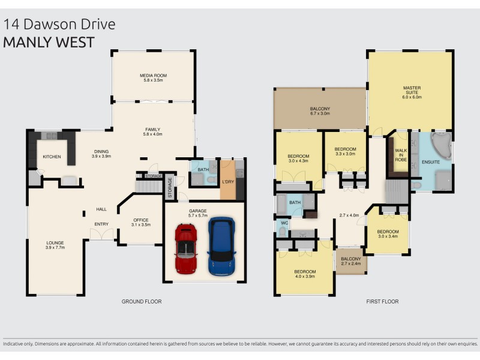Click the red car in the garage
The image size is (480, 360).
186,248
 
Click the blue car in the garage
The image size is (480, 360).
221,246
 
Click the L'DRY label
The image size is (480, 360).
227,181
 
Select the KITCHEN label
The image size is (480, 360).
52,157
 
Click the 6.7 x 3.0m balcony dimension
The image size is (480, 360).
320,113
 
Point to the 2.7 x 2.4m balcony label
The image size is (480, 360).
351,262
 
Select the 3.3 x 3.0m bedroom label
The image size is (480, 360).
346,151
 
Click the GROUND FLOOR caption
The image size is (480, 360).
141,301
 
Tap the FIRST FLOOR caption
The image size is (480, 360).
382,301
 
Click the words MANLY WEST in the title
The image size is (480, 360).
49,43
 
